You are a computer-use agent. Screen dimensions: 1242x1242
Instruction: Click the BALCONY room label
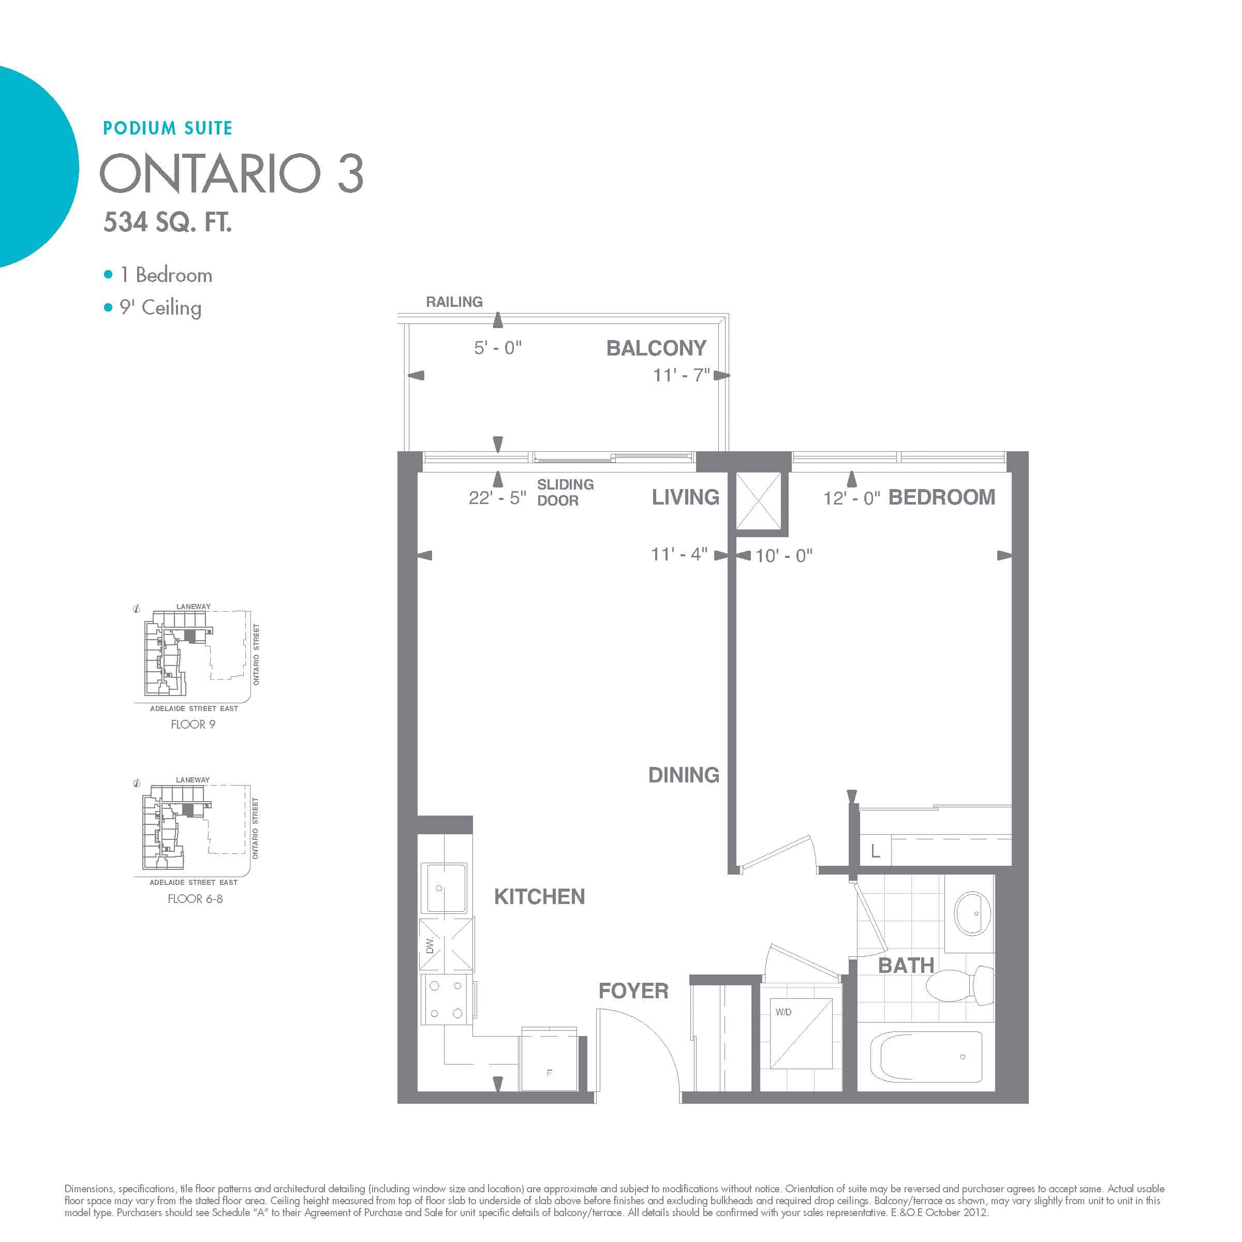(x=656, y=348)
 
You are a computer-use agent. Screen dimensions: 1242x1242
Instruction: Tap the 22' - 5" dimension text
(x=497, y=497)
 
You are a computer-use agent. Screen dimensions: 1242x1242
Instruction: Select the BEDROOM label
(x=942, y=497)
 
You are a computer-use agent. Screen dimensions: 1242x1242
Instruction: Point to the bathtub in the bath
(x=926, y=1057)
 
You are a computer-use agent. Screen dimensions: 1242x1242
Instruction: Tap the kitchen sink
(x=443, y=888)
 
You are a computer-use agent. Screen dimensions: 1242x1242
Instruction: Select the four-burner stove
(x=447, y=1000)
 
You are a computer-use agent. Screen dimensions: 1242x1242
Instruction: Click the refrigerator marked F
(x=549, y=1059)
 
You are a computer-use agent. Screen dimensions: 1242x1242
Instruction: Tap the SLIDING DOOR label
(x=566, y=493)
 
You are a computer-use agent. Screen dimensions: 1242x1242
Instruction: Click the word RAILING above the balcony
(x=454, y=302)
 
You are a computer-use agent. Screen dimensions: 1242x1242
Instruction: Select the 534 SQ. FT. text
(x=168, y=222)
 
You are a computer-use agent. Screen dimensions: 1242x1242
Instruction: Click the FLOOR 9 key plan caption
(x=193, y=724)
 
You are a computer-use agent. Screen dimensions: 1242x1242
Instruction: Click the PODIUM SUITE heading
(x=168, y=128)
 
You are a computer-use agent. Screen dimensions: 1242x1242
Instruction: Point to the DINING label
(x=683, y=775)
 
